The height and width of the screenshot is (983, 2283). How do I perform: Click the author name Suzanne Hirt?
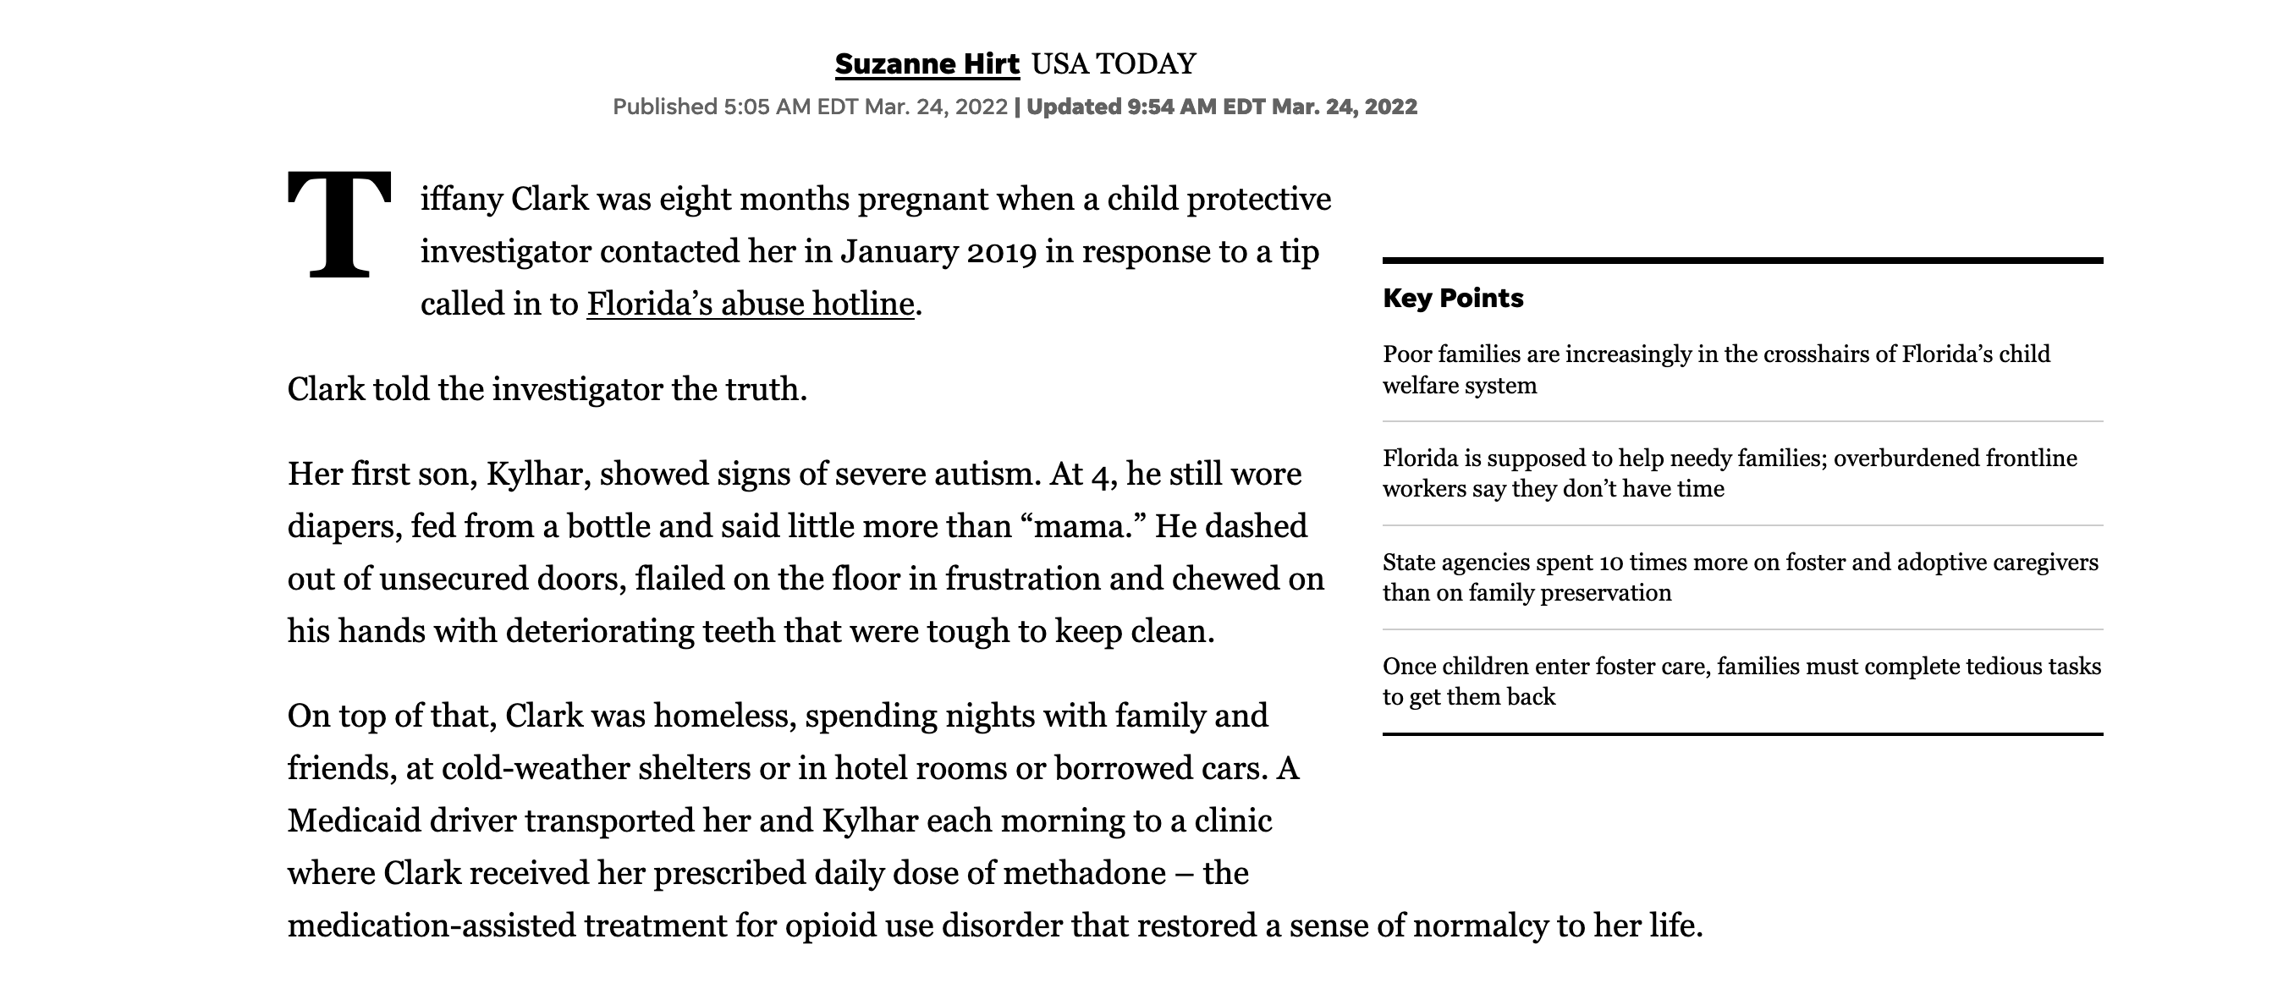coord(927,63)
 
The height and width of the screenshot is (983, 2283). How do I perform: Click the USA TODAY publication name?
coord(1114,63)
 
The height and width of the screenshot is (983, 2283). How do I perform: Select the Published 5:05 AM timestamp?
coord(810,107)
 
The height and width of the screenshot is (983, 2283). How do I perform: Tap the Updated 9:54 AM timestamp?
coord(1221,107)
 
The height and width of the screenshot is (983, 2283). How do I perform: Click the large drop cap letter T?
coord(338,225)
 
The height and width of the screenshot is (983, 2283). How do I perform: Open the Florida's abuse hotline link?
coord(750,304)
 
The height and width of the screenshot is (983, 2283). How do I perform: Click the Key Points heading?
coord(1453,298)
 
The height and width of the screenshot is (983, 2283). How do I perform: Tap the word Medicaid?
coord(355,821)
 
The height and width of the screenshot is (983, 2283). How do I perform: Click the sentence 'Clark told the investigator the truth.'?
coord(547,390)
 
